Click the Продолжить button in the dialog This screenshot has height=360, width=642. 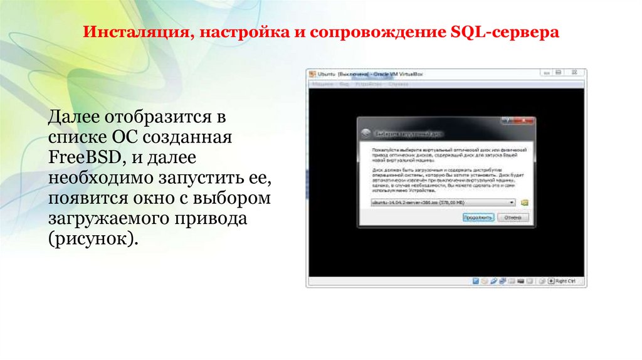point(478,217)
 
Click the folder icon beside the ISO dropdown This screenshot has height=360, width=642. point(525,203)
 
